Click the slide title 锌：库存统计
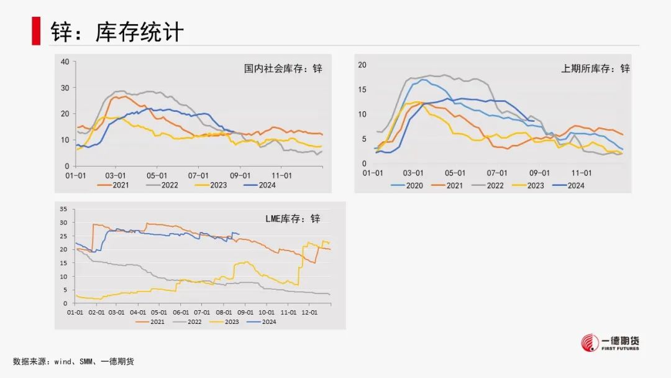click(117, 32)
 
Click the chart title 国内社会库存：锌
click(283, 68)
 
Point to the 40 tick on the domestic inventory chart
click(65, 61)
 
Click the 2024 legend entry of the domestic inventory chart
click(259, 185)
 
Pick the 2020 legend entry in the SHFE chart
click(408, 185)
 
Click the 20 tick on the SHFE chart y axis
click(363, 65)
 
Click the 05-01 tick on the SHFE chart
click(455, 173)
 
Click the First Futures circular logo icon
click(589, 343)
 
